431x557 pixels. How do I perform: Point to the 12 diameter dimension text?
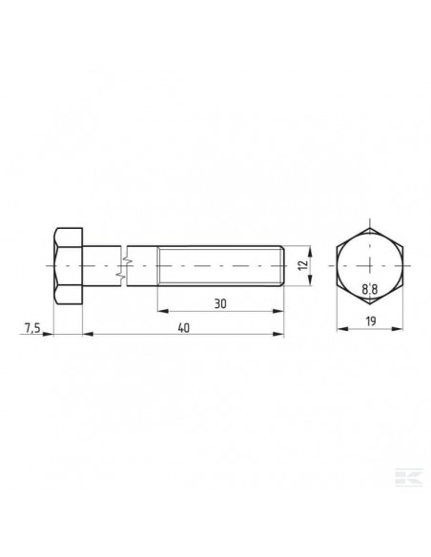click(x=303, y=265)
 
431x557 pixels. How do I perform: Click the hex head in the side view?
click(x=66, y=265)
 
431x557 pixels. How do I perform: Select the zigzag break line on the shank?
click(x=121, y=265)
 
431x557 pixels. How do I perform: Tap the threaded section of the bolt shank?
click(x=219, y=265)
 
